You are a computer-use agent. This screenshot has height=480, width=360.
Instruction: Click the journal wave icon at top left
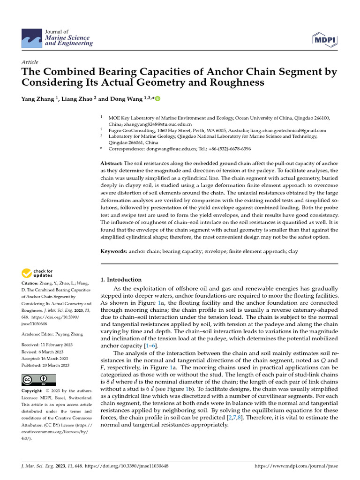pyautogui.click(x=31, y=37)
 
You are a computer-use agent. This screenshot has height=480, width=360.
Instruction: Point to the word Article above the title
pyautogui.click(x=30, y=62)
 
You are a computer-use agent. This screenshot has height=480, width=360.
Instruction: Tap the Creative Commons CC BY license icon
pyautogui.click(x=38, y=380)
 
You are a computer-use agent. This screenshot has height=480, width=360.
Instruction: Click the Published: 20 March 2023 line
pyautogui.click(x=45, y=365)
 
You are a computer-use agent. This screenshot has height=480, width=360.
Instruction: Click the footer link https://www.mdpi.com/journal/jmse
pyautogui.click(x=296, y=466)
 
